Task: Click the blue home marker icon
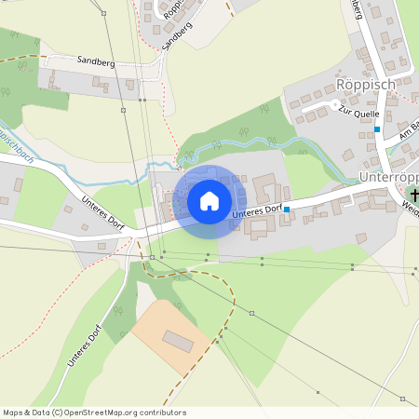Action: tap(209, 200)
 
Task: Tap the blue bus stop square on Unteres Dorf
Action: tap(287, 209)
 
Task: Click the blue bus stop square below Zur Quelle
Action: tap(377, 129)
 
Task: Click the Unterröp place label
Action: tap(387, 177)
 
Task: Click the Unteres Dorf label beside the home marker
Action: tap(256, 212)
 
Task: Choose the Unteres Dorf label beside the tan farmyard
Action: tap(83, 342)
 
